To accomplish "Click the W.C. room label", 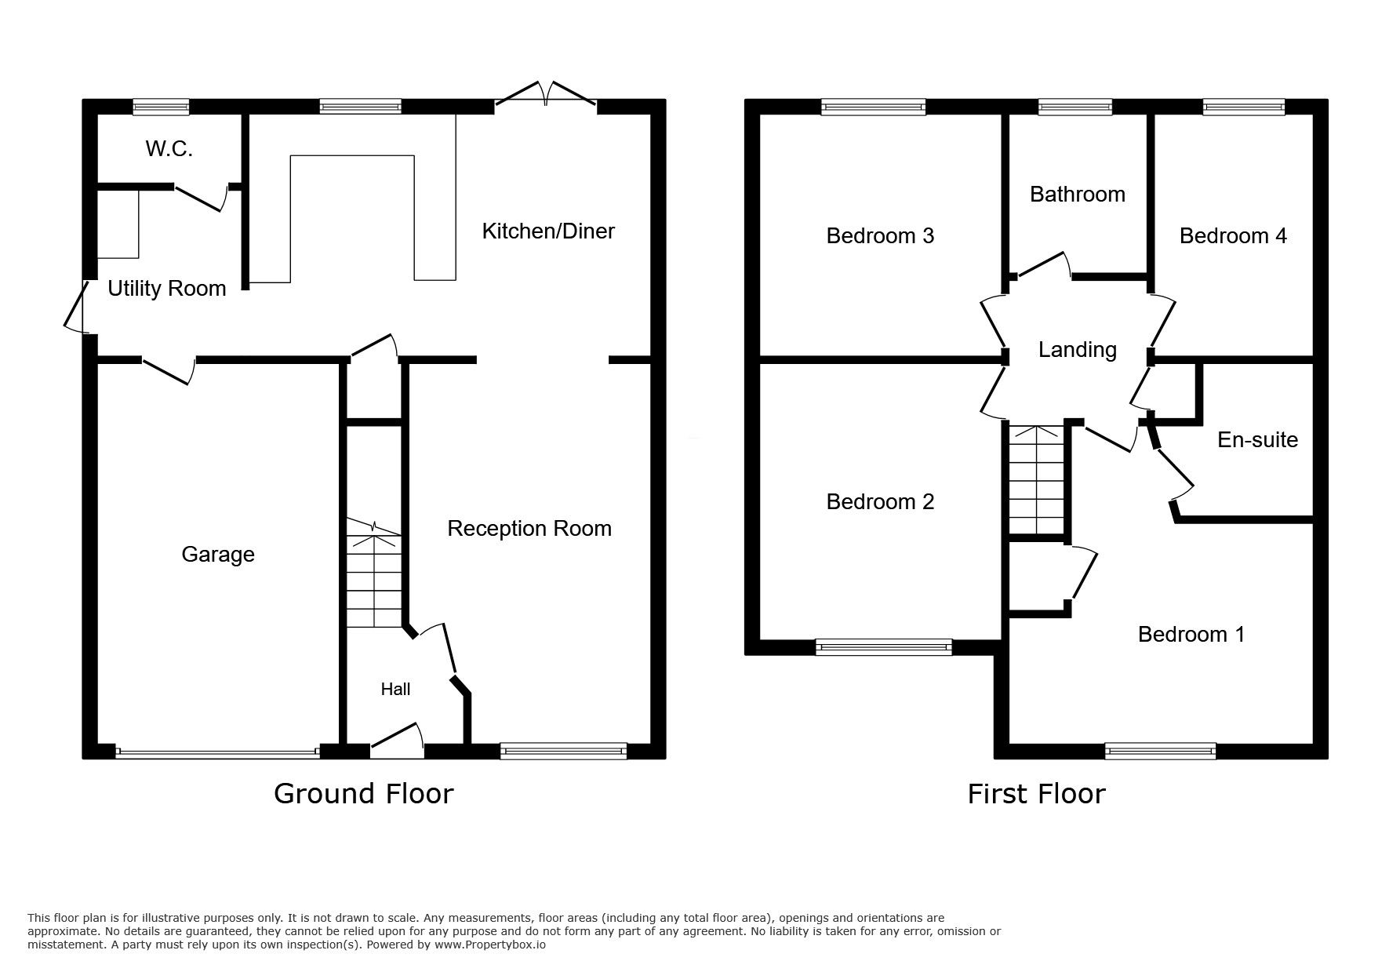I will (169, 148).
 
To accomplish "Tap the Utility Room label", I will (166, 288).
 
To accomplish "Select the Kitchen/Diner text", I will (547, 231).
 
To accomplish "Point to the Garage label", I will (217, 554).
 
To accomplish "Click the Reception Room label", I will (529, 528).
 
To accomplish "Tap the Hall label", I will (395, 689).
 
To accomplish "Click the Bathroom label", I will (1077, 194).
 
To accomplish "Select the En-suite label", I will (1256, 439).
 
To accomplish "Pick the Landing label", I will (1077, 349).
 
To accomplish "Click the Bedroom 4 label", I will (1232, 235).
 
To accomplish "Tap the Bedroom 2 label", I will (880, 501).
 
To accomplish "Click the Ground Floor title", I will (363, 793).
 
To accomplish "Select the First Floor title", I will (1035, 793).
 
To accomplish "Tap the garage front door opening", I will (217, 752).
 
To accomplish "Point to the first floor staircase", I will (1035, 480).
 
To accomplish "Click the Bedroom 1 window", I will (1160, 751).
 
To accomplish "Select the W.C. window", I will (161, 107).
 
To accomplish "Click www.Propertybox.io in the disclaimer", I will (490, 945).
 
